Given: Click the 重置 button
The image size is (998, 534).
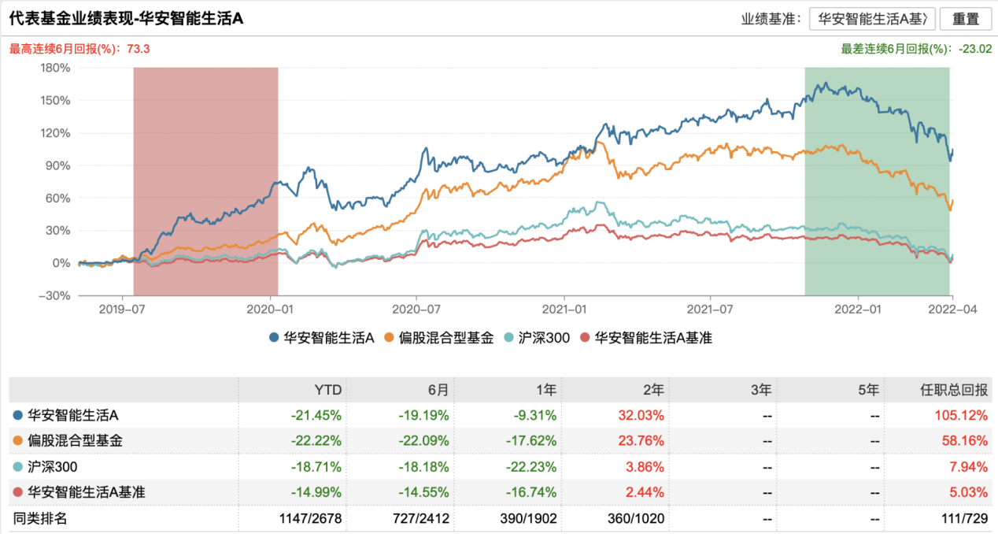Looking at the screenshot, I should pos(965,19).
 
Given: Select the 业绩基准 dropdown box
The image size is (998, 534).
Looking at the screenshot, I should pos(872,19).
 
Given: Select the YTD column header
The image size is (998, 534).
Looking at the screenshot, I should pos(329,389).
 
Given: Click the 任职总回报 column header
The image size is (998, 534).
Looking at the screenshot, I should pos(954,389).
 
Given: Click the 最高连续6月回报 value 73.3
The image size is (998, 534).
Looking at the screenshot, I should pos(138,49).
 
